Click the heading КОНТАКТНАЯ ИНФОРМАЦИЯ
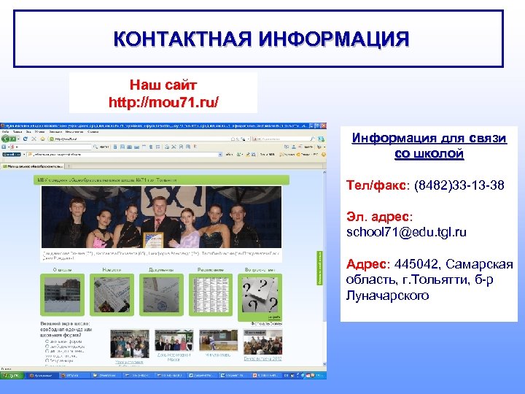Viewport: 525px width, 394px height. (x=261, y=39)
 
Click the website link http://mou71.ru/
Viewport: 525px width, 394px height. (x=163, y=101)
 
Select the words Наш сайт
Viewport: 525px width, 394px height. (x=163, y=85)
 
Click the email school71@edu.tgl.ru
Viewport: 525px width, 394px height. (x=406, y=232)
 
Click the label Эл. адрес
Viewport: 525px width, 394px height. (x=379, y=217)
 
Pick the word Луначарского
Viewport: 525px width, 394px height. (x=387, y=295)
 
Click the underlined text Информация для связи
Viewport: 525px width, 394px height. (x=429, y=138)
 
